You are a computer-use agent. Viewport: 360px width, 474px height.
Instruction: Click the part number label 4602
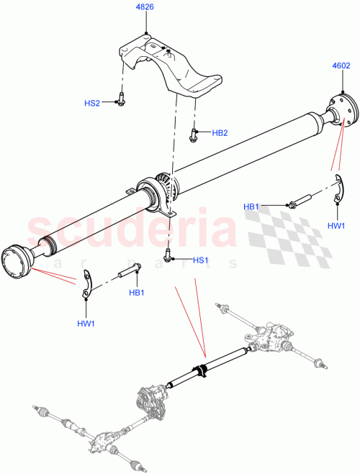(341, 65)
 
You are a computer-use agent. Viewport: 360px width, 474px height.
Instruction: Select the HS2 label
(92, 103)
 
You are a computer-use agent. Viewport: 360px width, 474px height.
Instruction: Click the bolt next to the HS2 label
(121, 101)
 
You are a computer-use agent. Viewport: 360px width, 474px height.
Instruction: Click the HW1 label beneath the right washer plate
(336, 225)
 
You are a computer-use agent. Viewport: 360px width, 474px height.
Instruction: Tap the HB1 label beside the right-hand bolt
(251, 206)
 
